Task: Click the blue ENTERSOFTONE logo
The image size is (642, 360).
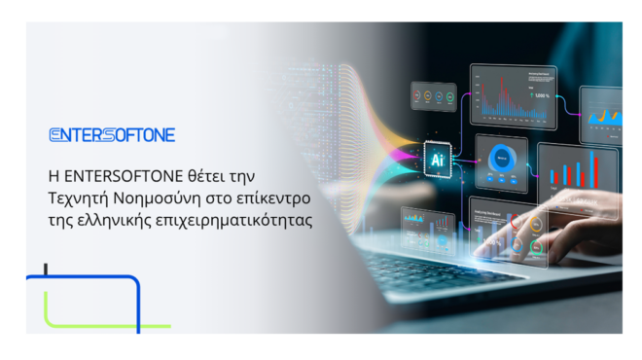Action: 112,135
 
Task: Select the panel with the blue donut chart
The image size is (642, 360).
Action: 503,162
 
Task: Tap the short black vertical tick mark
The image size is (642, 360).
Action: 46,270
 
